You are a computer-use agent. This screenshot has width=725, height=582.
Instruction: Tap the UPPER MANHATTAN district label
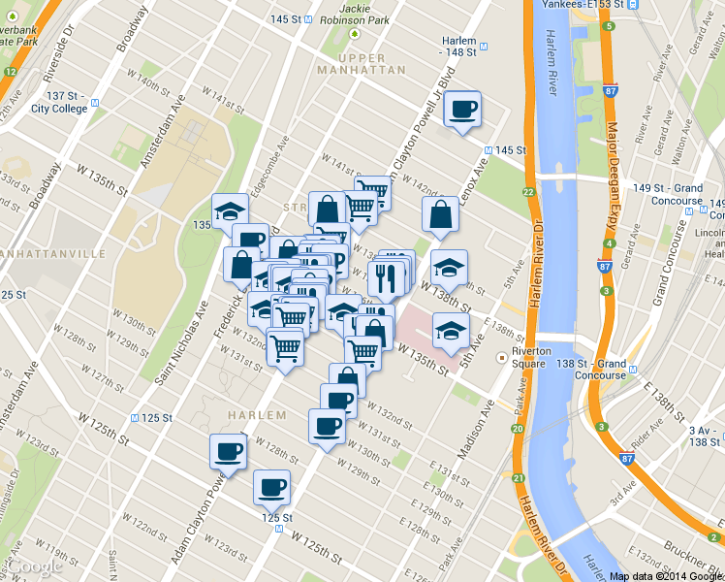[x=360, y=64]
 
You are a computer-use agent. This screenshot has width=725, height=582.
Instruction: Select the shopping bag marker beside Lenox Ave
[x=440, y=217]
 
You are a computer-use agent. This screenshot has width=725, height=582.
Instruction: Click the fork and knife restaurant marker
[x=386, y=278]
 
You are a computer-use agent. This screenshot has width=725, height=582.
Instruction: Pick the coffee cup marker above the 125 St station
[x=271, y=487]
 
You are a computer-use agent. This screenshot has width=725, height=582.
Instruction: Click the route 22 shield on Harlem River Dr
[x=528, y=193]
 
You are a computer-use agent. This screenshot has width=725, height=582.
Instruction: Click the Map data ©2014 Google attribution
[x=666, y=576]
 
